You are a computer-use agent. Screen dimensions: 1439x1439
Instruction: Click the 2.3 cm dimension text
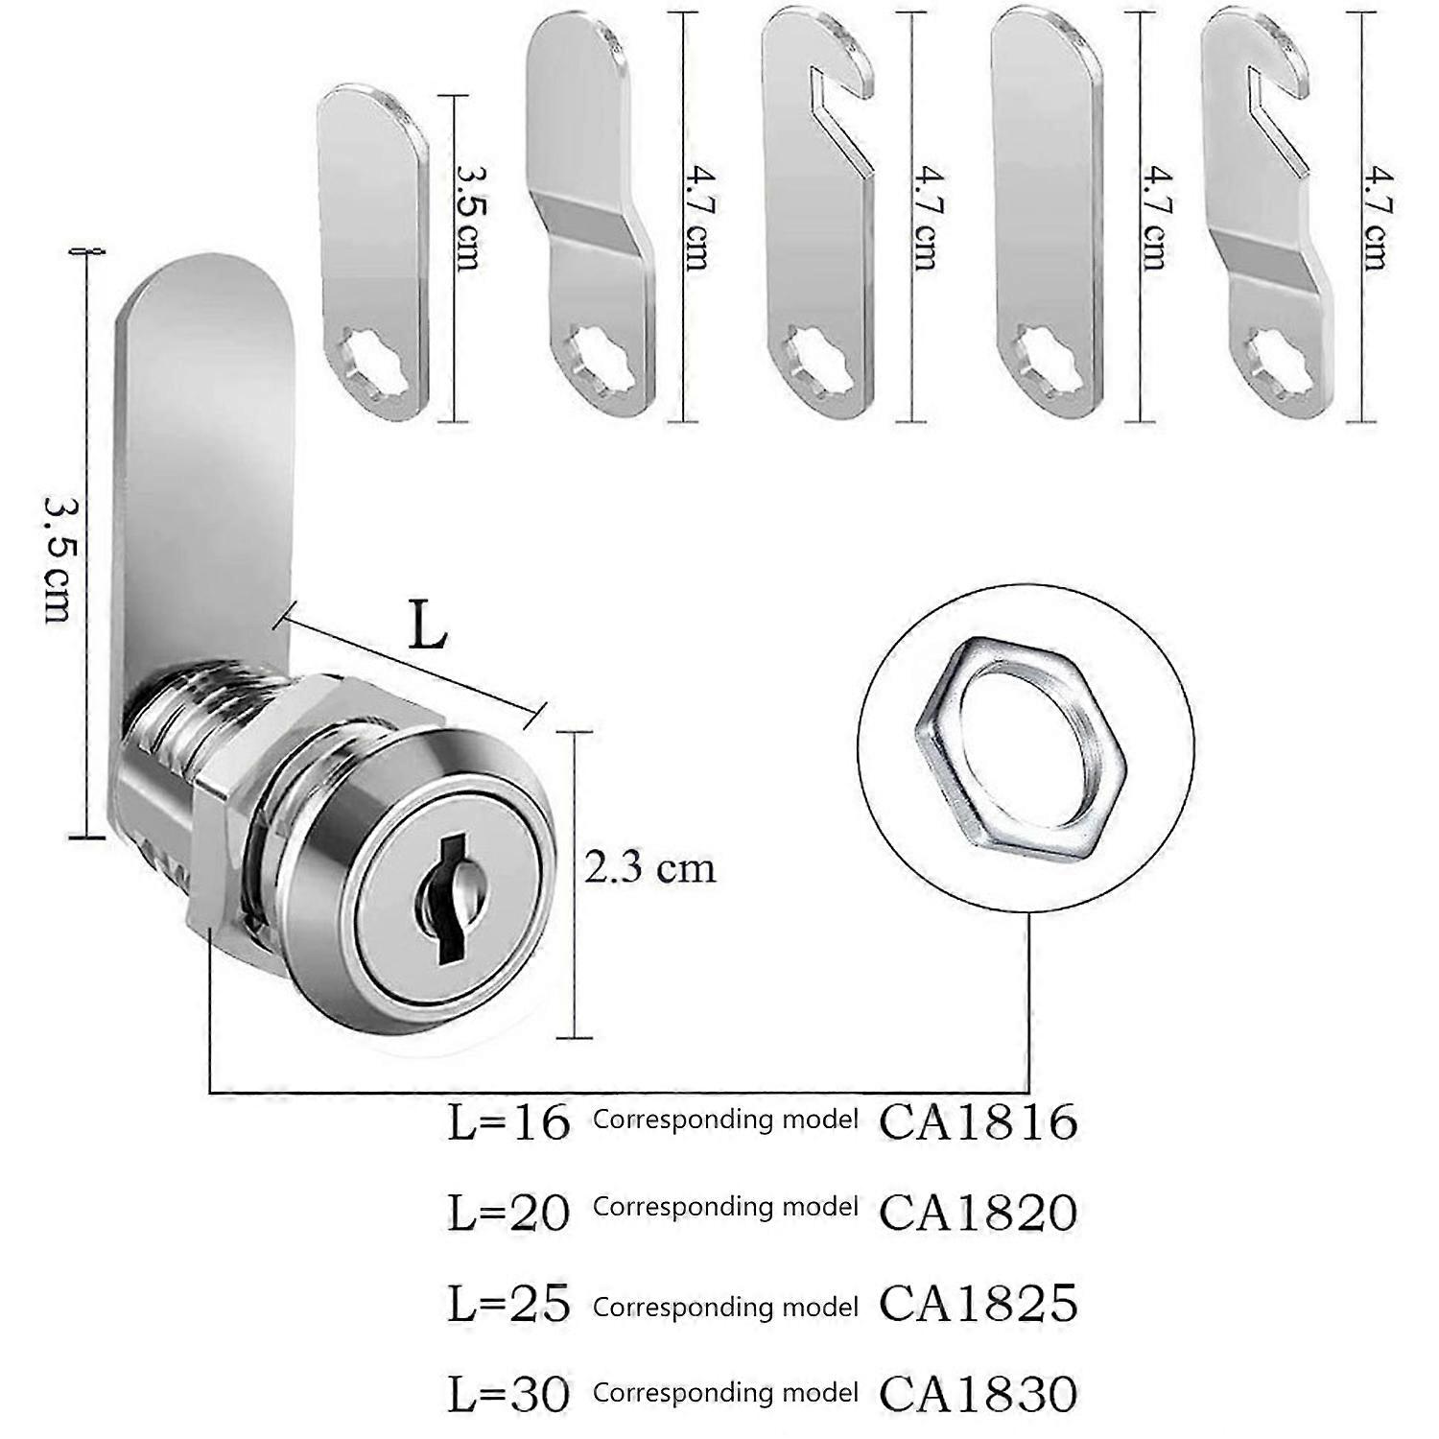650,868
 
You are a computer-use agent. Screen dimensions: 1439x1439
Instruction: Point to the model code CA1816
979,1121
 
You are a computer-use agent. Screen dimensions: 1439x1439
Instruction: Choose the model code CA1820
979,1212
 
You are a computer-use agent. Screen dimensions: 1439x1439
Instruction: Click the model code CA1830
979,1393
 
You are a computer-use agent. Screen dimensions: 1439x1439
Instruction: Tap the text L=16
509,1122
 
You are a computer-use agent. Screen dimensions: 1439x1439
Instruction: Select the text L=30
509,1394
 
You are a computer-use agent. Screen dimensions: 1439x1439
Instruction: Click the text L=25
509,1304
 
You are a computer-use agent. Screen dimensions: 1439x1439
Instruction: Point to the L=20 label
509,1213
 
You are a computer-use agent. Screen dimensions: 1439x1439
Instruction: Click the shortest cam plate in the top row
372,249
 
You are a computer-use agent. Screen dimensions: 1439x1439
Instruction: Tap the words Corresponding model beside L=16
725,1120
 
